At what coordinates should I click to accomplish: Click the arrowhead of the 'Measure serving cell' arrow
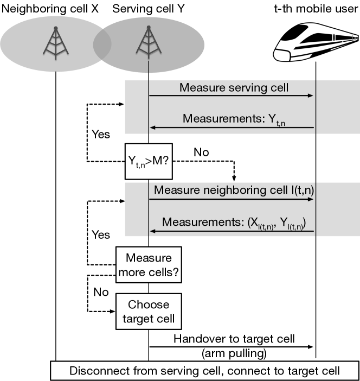[x=311, y=96]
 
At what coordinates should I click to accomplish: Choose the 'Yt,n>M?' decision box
[x=149, y=161]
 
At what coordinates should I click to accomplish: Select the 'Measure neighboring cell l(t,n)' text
[x=234, y=190]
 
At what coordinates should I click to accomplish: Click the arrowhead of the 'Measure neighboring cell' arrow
[x=311, y=199]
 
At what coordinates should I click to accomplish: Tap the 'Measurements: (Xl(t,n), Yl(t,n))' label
[x=234, y=223]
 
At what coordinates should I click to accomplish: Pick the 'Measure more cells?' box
[x=149, y=265]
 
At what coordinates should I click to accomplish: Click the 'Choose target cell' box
[x=149, y=312]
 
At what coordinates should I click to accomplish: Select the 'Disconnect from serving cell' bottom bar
[x=204, y=371]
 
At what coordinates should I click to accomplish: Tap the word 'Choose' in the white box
[x=149, y=304]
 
